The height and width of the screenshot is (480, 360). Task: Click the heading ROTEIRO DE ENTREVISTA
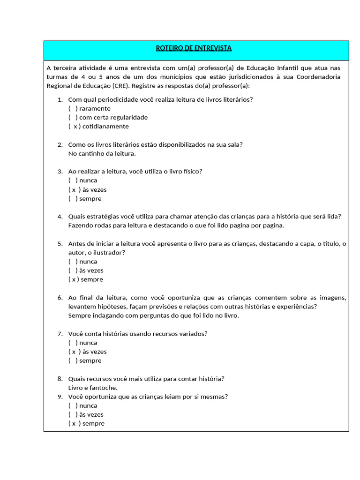pos(194,48)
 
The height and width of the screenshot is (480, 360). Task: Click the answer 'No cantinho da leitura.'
pos(102,153)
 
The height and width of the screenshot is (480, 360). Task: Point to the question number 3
pos(60,172)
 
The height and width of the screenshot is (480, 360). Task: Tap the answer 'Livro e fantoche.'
pos(93,388)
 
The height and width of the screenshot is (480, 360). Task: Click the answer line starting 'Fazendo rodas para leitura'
pos(176,225)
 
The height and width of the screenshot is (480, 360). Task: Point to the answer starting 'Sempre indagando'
pos(153,315)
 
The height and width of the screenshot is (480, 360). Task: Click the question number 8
pos(60,379)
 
